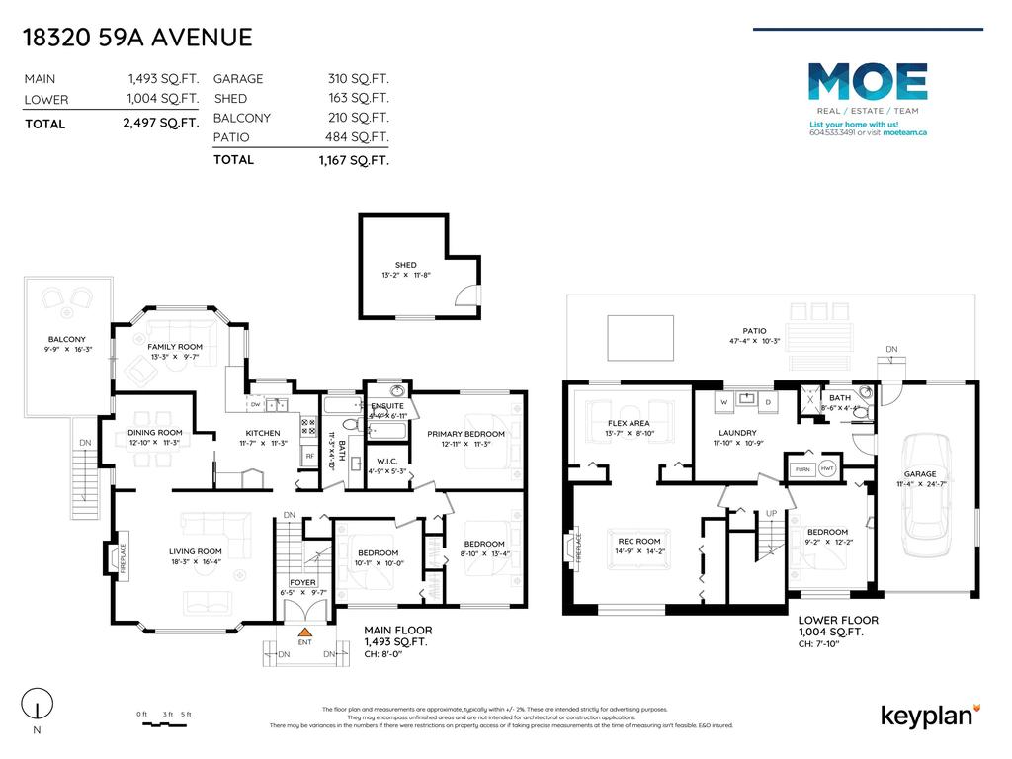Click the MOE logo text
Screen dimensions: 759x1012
pyautogui.click(x=868, y=82)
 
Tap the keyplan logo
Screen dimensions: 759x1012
pyautogui.click(x=928, y=717)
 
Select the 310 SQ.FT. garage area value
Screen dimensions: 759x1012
pyautogui.click(x=359, y=78)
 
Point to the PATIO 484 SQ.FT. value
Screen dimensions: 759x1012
pyautogui.click(x=359, y=137)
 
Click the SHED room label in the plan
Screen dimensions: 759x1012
pyautogui.click(x=405, y=265)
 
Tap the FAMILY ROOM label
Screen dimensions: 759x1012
pyautogui.click(x=175, y=347)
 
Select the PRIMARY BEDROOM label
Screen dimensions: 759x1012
pyautogui.click(x=465, y=434)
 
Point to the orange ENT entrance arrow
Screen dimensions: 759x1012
pyautogui.click(x=305, y=631)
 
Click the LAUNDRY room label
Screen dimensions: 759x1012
pyautogui.click(x=738, y=433)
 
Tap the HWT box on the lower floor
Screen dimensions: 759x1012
pyautogui.click(x=826, y=469)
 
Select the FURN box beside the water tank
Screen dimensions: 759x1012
pyautogui.click(x=800, y=469)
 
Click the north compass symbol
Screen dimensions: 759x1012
pyautogui.click(x=36, y=706)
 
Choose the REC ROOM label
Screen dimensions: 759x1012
pyautogui.click(x=640, y=541)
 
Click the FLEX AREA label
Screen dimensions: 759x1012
pyautogui.click(x=629, y=423)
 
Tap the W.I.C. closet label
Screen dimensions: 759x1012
pyautogui.click(x=386, y=461)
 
